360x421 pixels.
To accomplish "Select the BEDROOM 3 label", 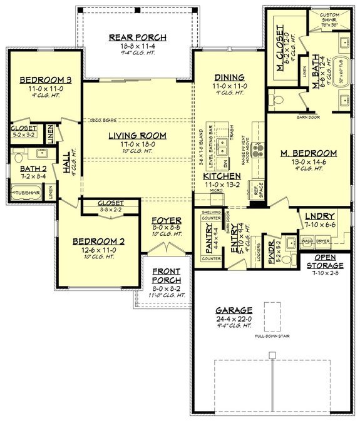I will pos(44,80).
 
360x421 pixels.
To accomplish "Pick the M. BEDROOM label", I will pos(309,153).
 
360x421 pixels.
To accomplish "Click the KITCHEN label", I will pos(222,177).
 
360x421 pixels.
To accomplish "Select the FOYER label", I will pos(166,221).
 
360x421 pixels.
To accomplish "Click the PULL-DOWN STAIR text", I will pos(272,336).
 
